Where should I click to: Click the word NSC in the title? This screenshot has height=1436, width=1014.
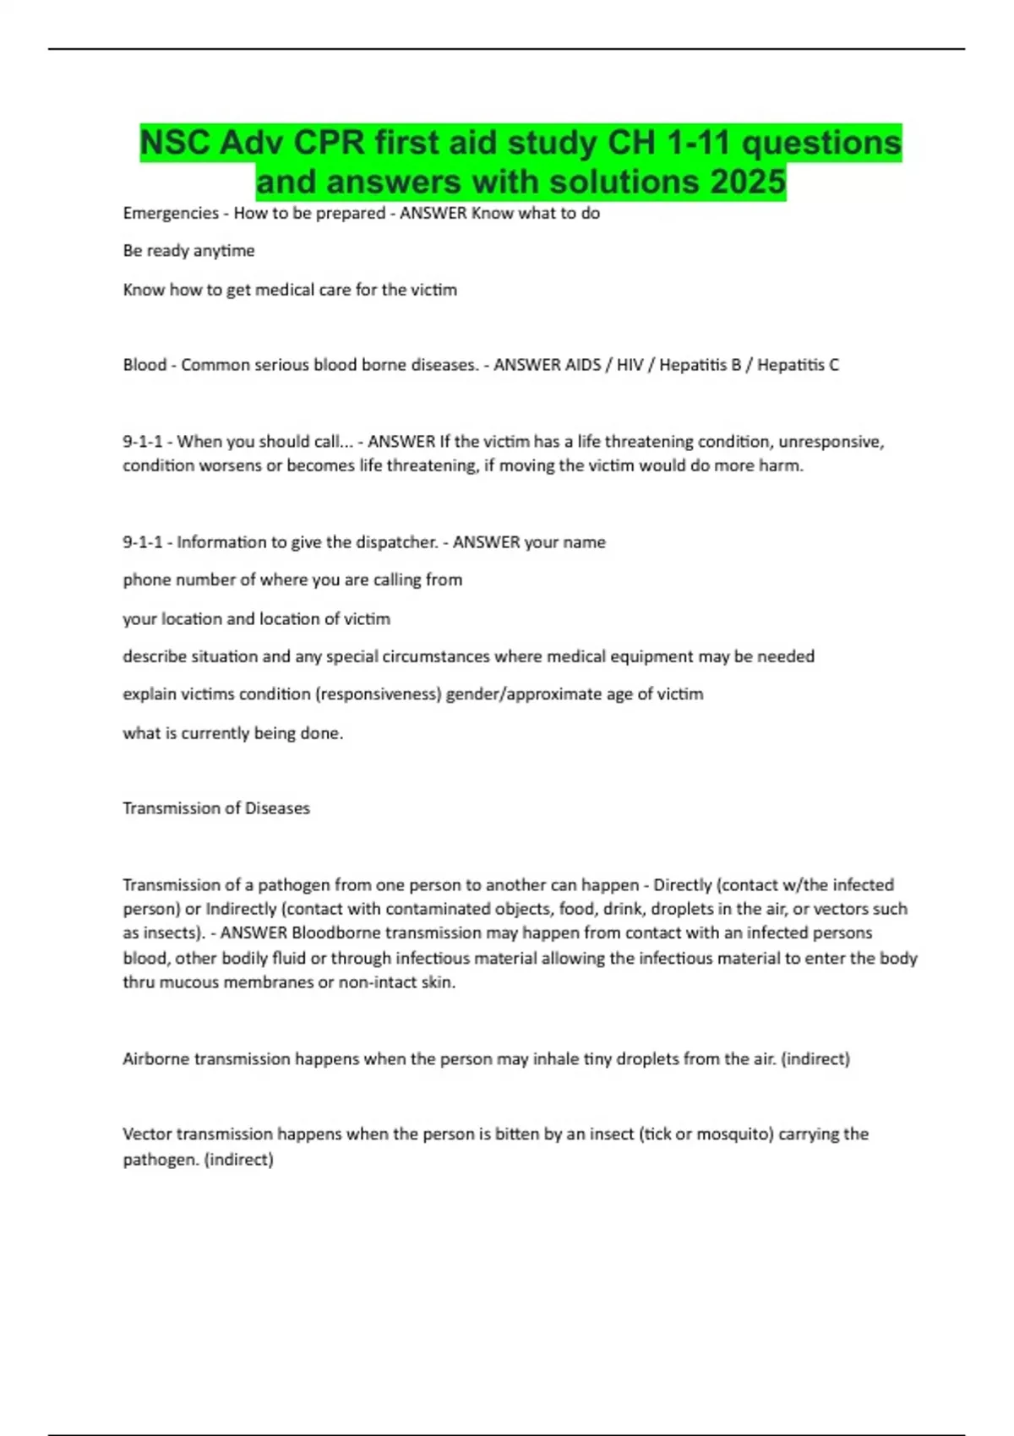(175, 143)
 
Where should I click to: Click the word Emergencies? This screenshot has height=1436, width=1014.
(171, 213)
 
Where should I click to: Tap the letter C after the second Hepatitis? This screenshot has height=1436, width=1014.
(833, 365)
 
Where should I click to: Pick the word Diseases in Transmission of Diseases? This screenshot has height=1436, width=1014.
(277, 808)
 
